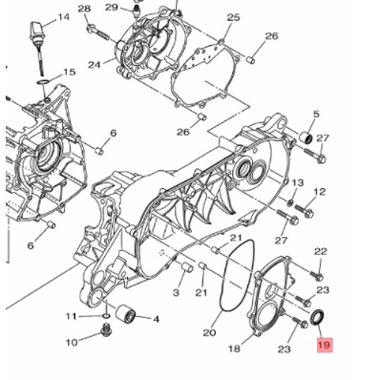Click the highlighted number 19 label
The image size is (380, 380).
click(x=325, y=345)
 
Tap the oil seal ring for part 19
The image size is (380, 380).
click(x=318, y=317)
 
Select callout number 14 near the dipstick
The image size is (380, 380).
click(x=63, y=17)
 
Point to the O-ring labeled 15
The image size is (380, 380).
click(x=43, y=83)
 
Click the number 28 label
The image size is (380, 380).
click(x=84, y=9)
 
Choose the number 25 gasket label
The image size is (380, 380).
click(x=233, y=17)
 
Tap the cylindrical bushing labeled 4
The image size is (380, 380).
click(x=125, y=314)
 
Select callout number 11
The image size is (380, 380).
click(x=72, y=316)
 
